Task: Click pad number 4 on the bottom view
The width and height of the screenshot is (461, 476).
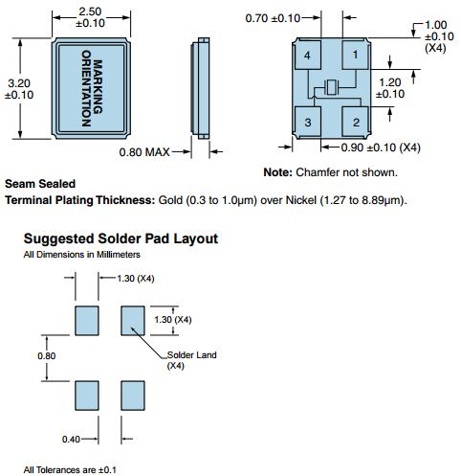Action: (x=308, y=55)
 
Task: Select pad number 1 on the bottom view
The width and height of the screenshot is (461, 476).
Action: (x=355, y=55)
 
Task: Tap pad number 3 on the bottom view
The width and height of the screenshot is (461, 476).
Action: (x=308, y=122)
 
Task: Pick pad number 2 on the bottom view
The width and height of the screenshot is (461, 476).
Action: (x=355, y=122)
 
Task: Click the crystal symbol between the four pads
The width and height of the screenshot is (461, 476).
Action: (x=331, y=88)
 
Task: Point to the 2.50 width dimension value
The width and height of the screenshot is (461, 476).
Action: (x=90, y=11)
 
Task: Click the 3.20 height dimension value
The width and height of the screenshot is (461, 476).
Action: (x=19, y=83)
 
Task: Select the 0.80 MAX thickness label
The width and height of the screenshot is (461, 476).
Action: (x=144, y=152)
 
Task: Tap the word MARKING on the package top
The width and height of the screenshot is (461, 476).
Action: (x=98, y=86)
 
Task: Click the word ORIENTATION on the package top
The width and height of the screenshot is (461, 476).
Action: (x=86, y=88)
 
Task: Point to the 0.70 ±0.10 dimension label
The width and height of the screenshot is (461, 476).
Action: (x=273, y=18)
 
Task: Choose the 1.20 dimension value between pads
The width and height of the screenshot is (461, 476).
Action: (x=390, y=82)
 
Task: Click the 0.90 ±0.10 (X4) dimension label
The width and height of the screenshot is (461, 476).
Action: (x=381, y=147)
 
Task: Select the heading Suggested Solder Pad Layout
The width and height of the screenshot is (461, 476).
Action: (x=121, y=238)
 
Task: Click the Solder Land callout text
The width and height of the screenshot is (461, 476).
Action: (x=192, y=355)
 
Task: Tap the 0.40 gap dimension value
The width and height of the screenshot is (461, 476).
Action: (x=71, y=440)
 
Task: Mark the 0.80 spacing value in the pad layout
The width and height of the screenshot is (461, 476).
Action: (x=47, y=355)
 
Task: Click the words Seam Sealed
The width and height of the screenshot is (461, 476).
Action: (x=40, y=184)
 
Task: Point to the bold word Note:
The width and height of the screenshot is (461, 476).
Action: (x=277, y=172)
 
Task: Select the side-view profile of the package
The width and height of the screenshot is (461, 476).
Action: (x=200, y=88)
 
